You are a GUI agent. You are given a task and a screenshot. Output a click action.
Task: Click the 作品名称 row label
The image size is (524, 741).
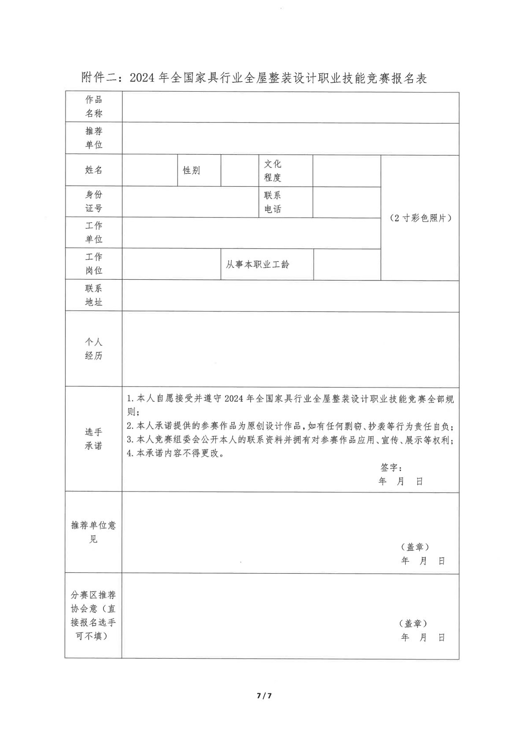click(x=94, y=106)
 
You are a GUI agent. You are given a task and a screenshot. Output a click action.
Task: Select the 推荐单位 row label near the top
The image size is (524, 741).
click(x=94, y=138)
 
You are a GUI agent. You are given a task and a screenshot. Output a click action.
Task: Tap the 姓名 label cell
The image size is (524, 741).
click(x=94, y=170)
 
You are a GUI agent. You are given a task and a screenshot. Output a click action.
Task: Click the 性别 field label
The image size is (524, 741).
click(x=192, y=170)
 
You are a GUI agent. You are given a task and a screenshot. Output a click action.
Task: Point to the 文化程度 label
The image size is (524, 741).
click(x=273, y=170)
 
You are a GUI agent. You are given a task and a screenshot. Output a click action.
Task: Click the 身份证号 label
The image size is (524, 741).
click(x=94, y=201)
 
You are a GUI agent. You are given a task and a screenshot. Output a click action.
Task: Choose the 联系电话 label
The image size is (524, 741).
click(x=273, y=202)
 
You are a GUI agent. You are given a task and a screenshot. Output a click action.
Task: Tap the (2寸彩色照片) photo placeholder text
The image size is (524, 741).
click(x=421, y=218)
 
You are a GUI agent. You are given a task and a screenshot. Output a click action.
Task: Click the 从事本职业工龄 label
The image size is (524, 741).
click(x=258, y=265)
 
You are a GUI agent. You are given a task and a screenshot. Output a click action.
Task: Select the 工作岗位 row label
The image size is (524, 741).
click(x=94, y=263)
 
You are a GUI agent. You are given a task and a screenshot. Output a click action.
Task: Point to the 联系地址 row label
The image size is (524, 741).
click(x=94, y=295)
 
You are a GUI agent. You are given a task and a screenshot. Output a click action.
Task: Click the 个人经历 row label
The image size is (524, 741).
click(x=94, y=349)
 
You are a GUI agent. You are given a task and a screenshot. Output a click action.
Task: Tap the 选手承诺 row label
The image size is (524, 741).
click(x=94, y=439)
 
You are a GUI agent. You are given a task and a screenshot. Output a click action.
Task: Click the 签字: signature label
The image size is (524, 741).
click(x=391, y=467)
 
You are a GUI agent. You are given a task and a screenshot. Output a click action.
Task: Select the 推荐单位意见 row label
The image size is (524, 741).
click(x=94, y=532)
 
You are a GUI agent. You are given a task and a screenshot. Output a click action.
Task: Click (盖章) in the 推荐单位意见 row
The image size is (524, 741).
click(x=415, y=547)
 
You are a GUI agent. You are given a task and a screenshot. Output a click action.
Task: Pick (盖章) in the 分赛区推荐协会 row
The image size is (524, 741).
click(x=413, y=623)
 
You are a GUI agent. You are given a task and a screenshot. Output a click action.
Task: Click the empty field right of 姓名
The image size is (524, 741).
click(x=150, y=170)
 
